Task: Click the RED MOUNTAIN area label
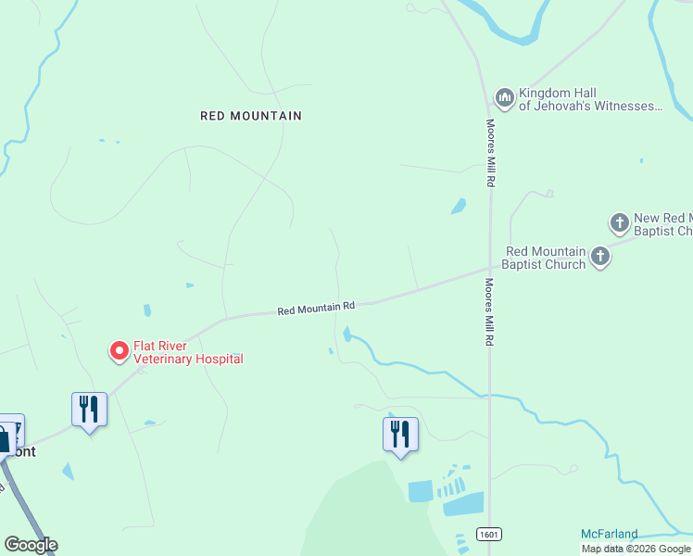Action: click(251, 116)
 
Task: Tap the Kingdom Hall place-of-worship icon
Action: click(505, 97)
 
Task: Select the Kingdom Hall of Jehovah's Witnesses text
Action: click(589, 100)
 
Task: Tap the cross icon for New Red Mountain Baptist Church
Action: click(620, 222)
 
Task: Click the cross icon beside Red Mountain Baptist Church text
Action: click(600, 257)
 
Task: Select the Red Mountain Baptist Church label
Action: click(545, 258)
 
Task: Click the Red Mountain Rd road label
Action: click(316, 308)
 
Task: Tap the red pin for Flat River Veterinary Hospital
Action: click(120, 351)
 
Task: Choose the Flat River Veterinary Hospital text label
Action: click(188, 352)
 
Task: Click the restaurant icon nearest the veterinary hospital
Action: click(89, 408)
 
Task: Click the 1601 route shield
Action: click(489, 535)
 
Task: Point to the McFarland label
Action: click(609, 534)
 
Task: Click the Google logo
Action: click(31, 545)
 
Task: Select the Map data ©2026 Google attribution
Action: click(636, 549)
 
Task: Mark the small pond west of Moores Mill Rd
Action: click(458, 207)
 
